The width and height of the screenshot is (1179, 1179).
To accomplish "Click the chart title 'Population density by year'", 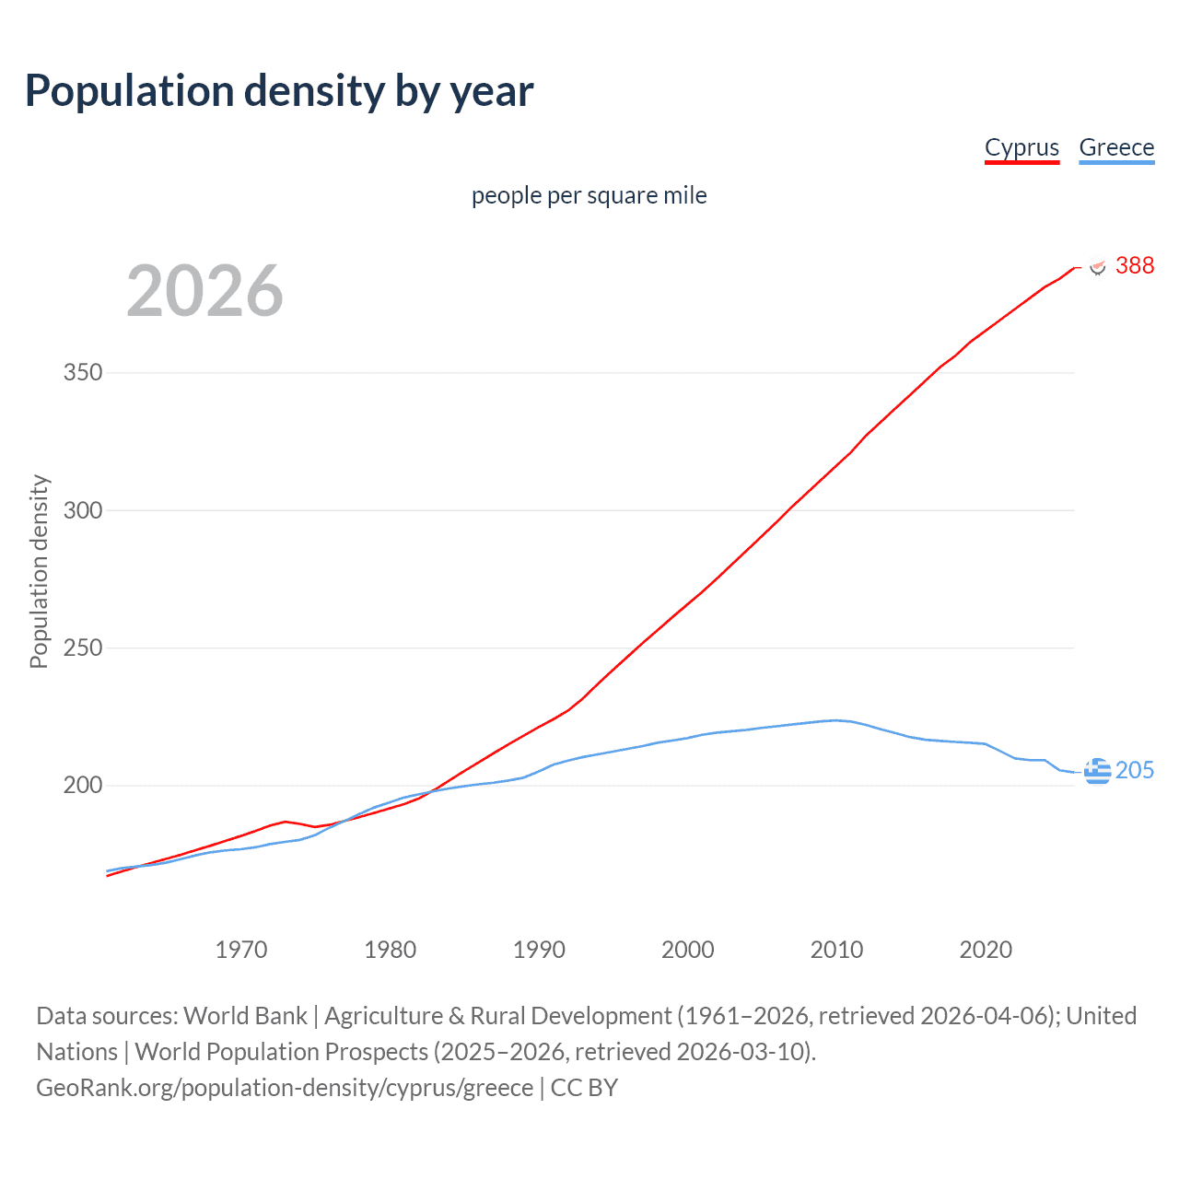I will pyautogui.click(x=279, y=90).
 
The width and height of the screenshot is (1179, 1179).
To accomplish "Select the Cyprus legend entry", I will pyautogui.click(x=1021, y=147).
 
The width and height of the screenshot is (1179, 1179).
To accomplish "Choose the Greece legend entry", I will pyautogui.click(x=1116, y=147).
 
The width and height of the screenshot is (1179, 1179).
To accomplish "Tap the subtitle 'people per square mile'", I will pyautogui.click(x=589, y=195).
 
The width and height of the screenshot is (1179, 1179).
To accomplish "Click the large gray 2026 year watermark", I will pyautogui.click(x=204, y=291).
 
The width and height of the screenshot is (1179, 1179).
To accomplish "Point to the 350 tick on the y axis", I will pyautogui.click(x=83, y=373).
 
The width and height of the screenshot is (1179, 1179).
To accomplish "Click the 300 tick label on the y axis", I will pyautogui.click(x=83, y=510).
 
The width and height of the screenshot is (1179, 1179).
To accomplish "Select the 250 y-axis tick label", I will pyautogui.click(x=83, y=648).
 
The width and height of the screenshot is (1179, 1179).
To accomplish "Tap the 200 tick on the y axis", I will pyautogui.click(x=83, y=785).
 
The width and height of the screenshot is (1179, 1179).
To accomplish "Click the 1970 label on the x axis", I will pyautogui.click(x=241, y=950).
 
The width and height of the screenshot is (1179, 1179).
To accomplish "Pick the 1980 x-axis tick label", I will pyautogui.click(x=391, y=950).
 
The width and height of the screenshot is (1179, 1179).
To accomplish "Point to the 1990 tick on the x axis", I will pyautogui.click(x=539, y=950).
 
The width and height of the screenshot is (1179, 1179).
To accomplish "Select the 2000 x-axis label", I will pyautogui.click(x=688, y=950).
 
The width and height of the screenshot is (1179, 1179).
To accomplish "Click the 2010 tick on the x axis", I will pyautogui.click(x=836, y=950).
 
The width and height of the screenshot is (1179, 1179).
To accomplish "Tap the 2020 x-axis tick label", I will pyautogui.click(x=986, y=950).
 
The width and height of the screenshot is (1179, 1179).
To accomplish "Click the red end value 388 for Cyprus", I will pyautogui.click(x=1134, y=265).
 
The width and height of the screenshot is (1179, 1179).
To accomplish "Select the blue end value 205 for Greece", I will pyautogui.click(x=1134, y=770).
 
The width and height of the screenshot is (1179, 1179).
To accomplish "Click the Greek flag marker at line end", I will pyautogui.click(x=1097, y=771).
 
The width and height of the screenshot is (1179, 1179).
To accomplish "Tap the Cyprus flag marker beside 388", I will pyautogui.click(x=1097, y=266).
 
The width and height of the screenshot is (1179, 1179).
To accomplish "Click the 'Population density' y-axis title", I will pyautogui.click(x=39, y=571).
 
